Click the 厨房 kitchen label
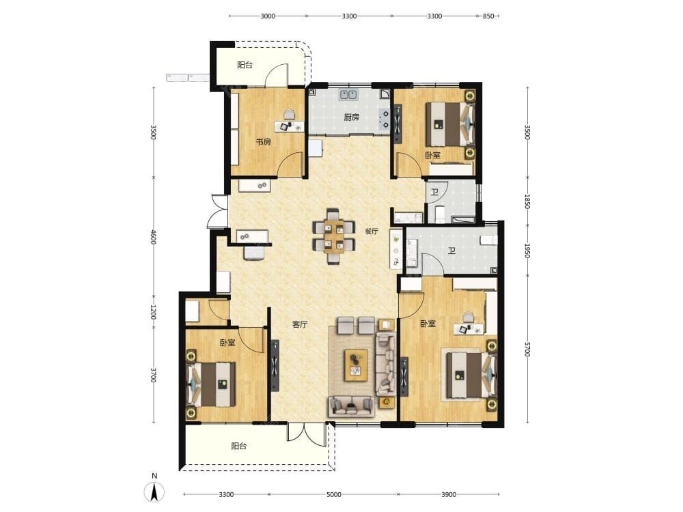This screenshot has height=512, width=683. [x=352, y=117]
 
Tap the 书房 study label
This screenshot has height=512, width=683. [x=263, y=141]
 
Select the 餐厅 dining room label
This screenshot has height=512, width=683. [x=372, y=231]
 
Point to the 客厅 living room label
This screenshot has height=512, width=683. [x=300, y=324]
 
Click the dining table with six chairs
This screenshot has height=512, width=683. [x=334, y=236]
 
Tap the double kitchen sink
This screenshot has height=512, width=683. [x=349, y=94]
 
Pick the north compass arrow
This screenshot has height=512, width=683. [x=154, y=492]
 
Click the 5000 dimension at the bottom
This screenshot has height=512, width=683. [x=334, y=494]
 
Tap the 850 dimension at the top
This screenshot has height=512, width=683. [x=489, y=16]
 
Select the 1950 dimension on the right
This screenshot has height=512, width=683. [x=527, y=251]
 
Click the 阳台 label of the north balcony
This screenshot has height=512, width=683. [x=245, y=66]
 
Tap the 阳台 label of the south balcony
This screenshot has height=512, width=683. [x=238, y=446]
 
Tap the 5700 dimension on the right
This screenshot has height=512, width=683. [x=527, y=350]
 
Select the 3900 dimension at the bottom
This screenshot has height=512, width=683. [x=449, y=494]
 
